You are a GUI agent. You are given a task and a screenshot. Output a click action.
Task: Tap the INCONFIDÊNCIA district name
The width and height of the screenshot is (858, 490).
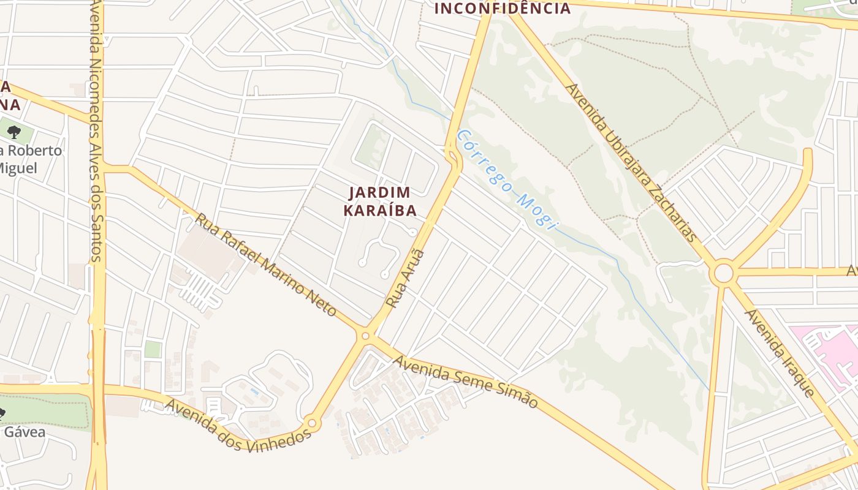pyautogui.click(x=502, y=9)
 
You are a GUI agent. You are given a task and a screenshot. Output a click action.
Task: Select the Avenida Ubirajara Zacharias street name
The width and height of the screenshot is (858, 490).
pyautogui.click(x=632, y=162)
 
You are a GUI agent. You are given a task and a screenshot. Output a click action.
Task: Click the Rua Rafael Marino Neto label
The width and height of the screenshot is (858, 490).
pyautogui.click(x=266, y=265)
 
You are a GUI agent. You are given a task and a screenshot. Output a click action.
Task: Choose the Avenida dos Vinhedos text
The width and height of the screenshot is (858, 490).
pyautogui.click(x=238, y=425)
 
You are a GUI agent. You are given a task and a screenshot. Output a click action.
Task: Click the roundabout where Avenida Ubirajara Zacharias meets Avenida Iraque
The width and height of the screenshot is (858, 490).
pyautogui.click(x=723, y=273)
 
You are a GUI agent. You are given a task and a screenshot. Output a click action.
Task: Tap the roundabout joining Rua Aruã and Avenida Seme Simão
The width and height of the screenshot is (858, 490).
pyautogui.click(x=366, y=335)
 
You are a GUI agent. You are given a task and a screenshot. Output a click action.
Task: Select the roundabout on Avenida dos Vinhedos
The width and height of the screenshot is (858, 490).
pyautogui.click(x=312, y=423)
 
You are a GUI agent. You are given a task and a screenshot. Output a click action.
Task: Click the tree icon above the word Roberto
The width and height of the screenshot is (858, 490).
pyautogui.click(x=13, y=132)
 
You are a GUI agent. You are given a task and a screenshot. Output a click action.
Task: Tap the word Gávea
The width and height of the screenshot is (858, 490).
pyautogui.click(x=25, y=432)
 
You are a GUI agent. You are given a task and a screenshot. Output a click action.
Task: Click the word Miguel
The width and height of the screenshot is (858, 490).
pyautogui.click(x=18, y=168)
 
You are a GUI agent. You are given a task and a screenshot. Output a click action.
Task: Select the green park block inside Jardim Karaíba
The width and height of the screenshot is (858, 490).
pyautogui.click(x=370, y=146)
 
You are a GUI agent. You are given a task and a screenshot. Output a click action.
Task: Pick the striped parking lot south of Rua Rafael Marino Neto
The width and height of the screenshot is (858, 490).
pyautogui.click(x=200, y=292)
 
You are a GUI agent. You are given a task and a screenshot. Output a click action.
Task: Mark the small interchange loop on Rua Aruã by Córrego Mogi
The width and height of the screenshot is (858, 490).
pyautogui.click(x=453, y=157)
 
